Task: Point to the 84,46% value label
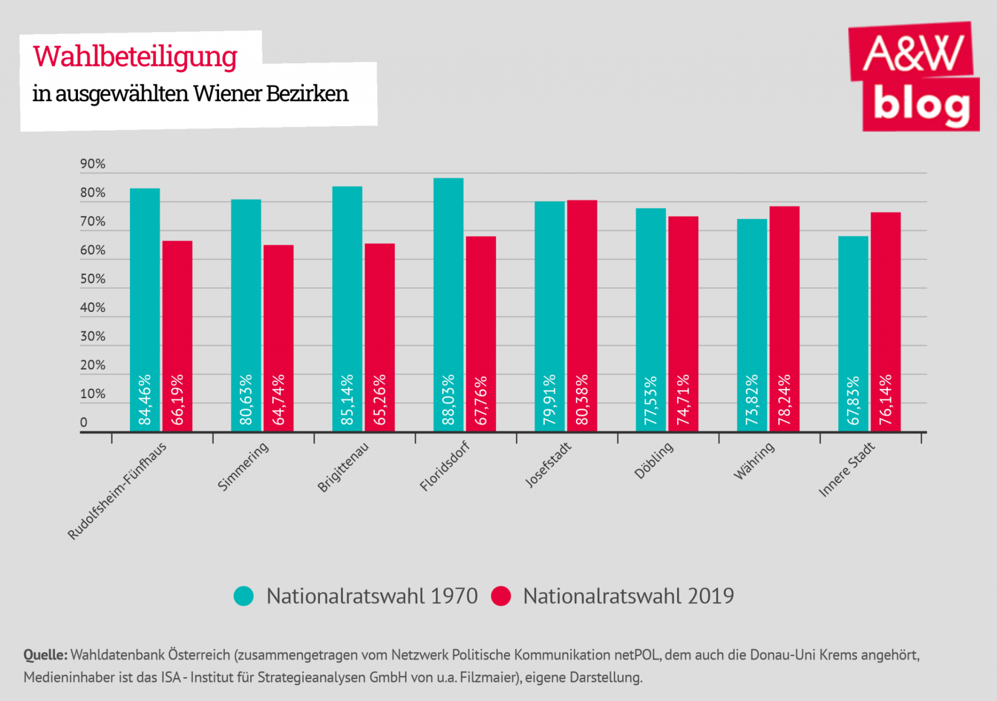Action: click(x=145, y=399)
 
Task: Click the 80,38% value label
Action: click(x=582, y=399)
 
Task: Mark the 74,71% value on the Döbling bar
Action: click(x=683, y=399)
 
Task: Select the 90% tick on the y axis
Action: click(x=92, y=164)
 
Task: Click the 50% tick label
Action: click(x=92, y=279)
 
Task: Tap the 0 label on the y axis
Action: click(x=84, y=422)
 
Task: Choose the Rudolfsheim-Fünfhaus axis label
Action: click(x=117, y=491)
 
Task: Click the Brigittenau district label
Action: click(x=343, y=467)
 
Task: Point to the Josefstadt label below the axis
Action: click(x=548, y=465)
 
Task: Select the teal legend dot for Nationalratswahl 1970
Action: click(x=244, y=596)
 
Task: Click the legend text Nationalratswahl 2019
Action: click(x=628, y=596)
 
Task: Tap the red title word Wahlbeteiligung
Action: click(x=135, y=57)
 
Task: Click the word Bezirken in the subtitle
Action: click(x=307, y=94)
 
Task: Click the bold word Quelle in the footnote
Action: click(x=45, y=655)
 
